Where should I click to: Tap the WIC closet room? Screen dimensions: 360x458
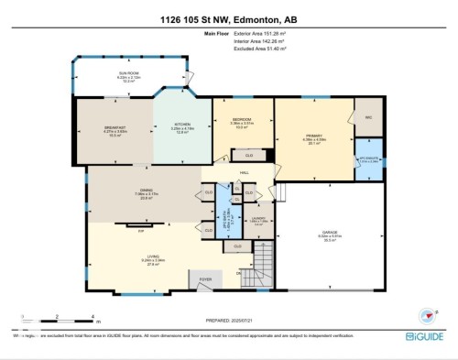coord(369,117)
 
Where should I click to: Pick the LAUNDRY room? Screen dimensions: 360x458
coord(259,220)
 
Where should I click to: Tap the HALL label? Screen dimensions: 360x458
coord(245,171)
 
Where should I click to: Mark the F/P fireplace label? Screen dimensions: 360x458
coord(140,231)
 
